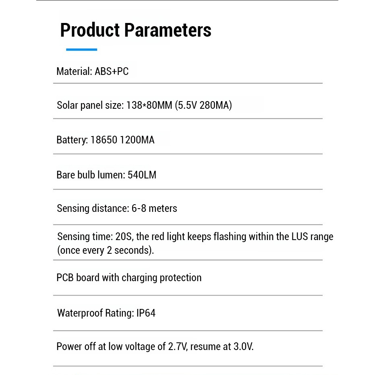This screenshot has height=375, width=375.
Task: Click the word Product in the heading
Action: tap(90, 30)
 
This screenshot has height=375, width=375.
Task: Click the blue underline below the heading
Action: tap(81, 50)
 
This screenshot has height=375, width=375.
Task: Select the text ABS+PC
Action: tap(112, 72)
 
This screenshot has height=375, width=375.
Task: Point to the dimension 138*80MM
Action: tap(149, 106)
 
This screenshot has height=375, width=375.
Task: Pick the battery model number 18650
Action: tap(104, 140)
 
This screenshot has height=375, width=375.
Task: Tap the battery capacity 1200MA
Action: tap(137, 140)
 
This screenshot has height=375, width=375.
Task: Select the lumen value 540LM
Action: tap(142, 175)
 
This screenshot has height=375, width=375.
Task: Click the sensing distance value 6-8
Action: tap(139, 208)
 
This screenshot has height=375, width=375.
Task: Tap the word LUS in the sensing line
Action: tap(300, 236)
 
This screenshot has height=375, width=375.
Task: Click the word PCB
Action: tap(65, 278)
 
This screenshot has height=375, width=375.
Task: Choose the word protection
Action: tap(180, 278)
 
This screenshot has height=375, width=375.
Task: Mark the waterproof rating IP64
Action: tap(145, 313)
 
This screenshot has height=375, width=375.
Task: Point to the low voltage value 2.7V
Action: tap(177, 347)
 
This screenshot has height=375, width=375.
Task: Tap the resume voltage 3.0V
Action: tap(243, 347)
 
